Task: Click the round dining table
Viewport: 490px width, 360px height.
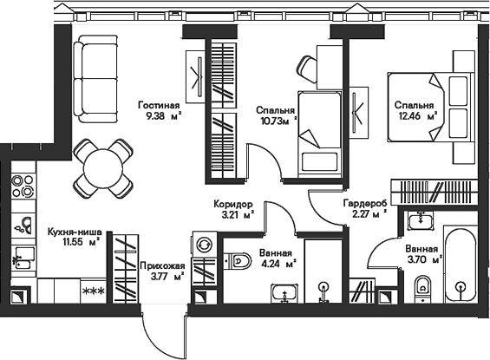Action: pos(103,169)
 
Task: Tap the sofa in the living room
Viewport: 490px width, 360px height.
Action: pos(96,79)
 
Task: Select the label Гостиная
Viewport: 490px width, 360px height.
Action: pos(159,105)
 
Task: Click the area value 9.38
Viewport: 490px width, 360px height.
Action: pos(154,116)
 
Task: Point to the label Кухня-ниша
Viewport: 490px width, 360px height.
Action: pos(75,232)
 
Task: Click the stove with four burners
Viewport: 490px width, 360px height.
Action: pos(23,186)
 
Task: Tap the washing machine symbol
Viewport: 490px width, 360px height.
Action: pos(205,245)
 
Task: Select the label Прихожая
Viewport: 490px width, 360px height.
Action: pos(162,266)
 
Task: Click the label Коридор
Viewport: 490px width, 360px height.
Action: pos(233,204)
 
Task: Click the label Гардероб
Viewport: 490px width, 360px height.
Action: pos(365,203)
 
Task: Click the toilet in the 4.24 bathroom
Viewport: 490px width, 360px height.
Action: pos(239,260)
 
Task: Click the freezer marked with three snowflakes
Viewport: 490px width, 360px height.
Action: pos(93,291)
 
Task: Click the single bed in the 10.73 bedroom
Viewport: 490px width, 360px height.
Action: pos(319,134)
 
